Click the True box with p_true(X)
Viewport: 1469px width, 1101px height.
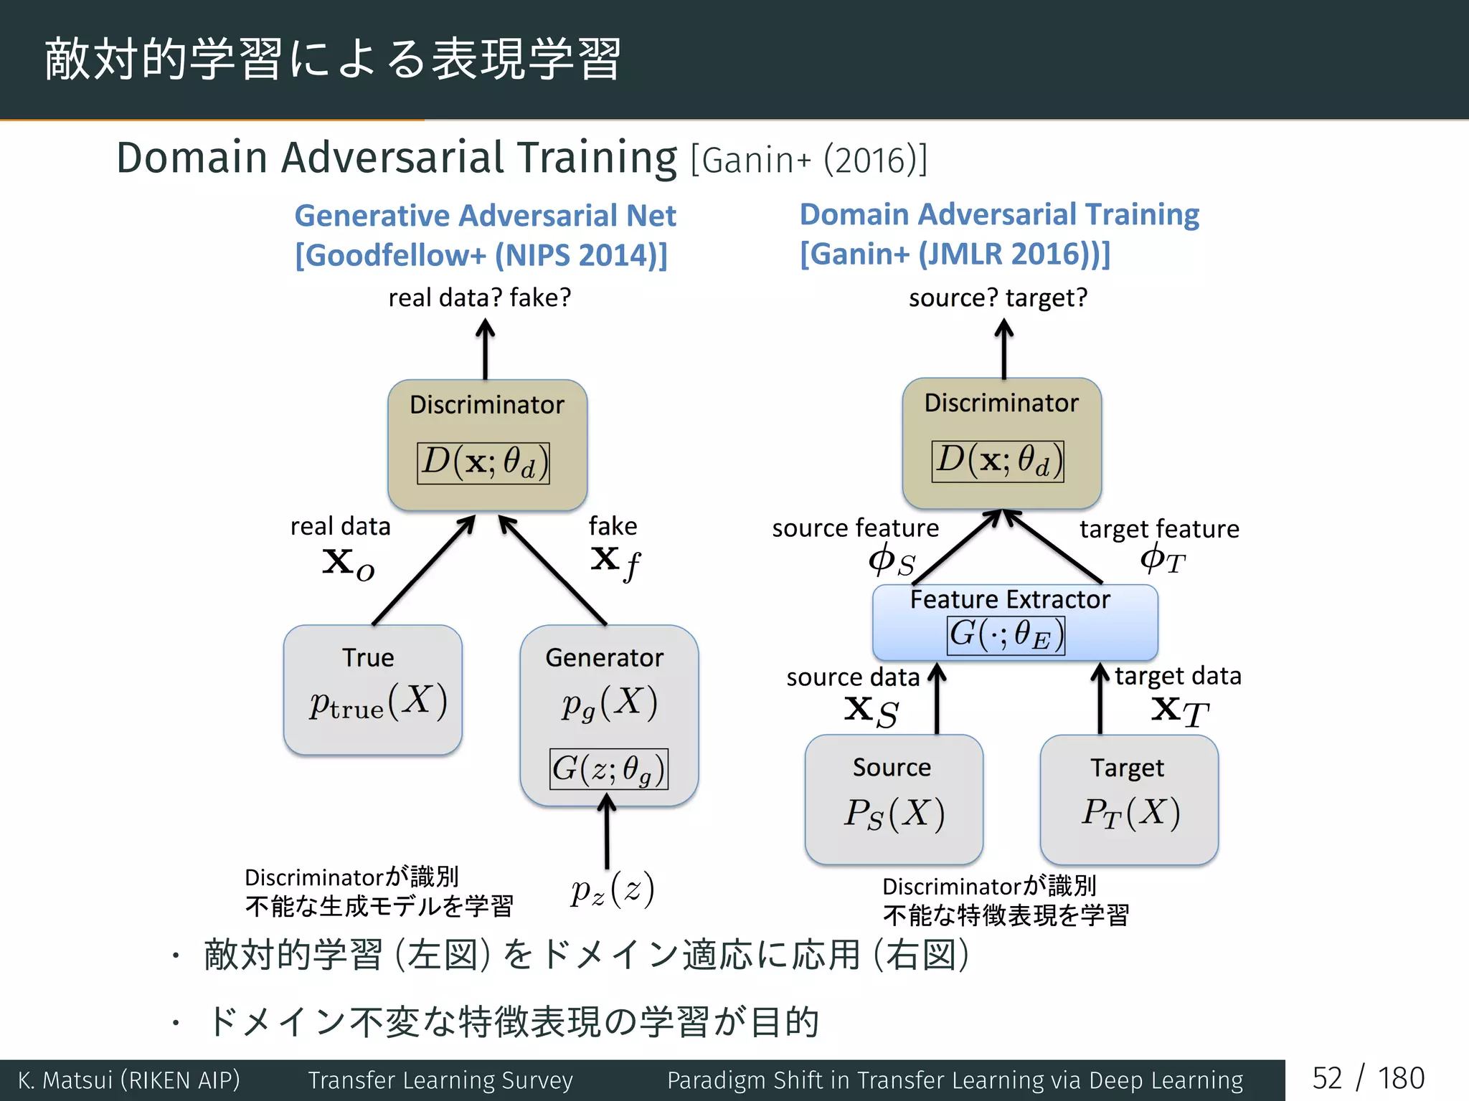click(x=372, y=690)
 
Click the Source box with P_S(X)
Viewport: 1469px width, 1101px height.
click(x=894, y=799)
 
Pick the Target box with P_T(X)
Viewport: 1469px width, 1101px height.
click(x=1129, y=799)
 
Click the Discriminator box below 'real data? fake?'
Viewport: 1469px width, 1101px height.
click(x=487, y=444)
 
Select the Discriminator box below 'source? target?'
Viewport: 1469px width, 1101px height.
click(x=1001, y=443)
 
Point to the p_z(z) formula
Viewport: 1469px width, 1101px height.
click(x=613, y=890)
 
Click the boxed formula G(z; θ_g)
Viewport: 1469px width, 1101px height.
click(x=609, y=769)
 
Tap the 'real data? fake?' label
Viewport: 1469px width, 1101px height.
click(x=480, y=297)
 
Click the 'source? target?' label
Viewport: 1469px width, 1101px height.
click(x=998, y=297)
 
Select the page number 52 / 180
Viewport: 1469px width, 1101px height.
click(x=1368, y=1079)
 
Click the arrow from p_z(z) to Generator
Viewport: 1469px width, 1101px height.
click(x=607, y=835)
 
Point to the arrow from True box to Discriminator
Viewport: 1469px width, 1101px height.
click(x=423, y=571)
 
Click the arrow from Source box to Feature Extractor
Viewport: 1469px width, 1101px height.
click(x=937, y=699)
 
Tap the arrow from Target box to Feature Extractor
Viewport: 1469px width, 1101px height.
click(x=1100, y=699)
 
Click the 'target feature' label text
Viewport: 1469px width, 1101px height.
click(x=1159, y=529)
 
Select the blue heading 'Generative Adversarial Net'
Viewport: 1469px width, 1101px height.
click(x=485, y=216)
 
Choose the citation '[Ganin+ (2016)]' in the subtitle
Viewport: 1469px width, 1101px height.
click(x=809, y=160)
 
